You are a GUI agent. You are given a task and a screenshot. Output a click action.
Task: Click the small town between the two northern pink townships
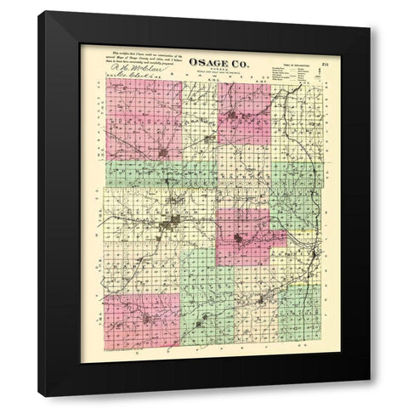(x=198, y=127)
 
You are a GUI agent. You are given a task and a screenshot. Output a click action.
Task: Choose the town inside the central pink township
(x=245, y=238)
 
